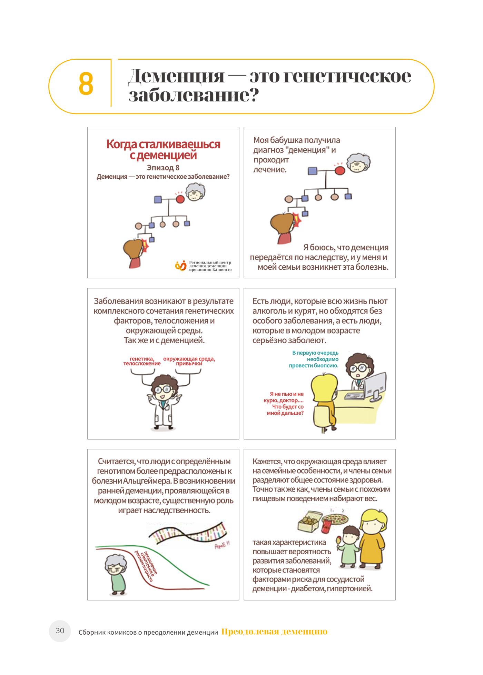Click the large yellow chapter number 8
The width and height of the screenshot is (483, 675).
point(86,84)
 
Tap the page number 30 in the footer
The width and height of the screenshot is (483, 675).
point(60,631)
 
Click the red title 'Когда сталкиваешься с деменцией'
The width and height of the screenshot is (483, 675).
point(163,149)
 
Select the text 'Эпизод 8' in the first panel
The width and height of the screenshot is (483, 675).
point(163,168)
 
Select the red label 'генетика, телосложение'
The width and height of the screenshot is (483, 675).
point(142,361)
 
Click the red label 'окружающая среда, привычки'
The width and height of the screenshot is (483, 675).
point(189,361)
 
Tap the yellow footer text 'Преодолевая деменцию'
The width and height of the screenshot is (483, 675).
point(274,632)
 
